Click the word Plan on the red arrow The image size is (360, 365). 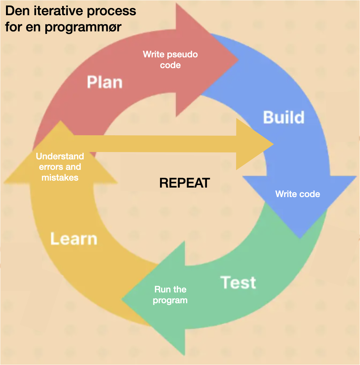coord(105,82)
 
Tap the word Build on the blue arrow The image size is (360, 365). coord(284,117)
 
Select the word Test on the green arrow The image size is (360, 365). coord(238,282)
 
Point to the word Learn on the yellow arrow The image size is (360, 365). coord(74,239)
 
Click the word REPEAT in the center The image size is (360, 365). coord(184,183)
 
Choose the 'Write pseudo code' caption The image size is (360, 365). coord(170,60)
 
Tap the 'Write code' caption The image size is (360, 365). coord(298,194)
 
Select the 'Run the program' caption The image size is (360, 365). coord(170,295)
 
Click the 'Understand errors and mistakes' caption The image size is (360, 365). coord(60,167)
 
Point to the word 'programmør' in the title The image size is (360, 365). coord(83,27)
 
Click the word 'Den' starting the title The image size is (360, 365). coord(17,11)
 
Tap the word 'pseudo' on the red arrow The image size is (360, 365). coord(182,54)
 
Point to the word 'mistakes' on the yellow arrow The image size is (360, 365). coord(60,177)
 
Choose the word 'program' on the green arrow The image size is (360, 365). coord(170,300)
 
